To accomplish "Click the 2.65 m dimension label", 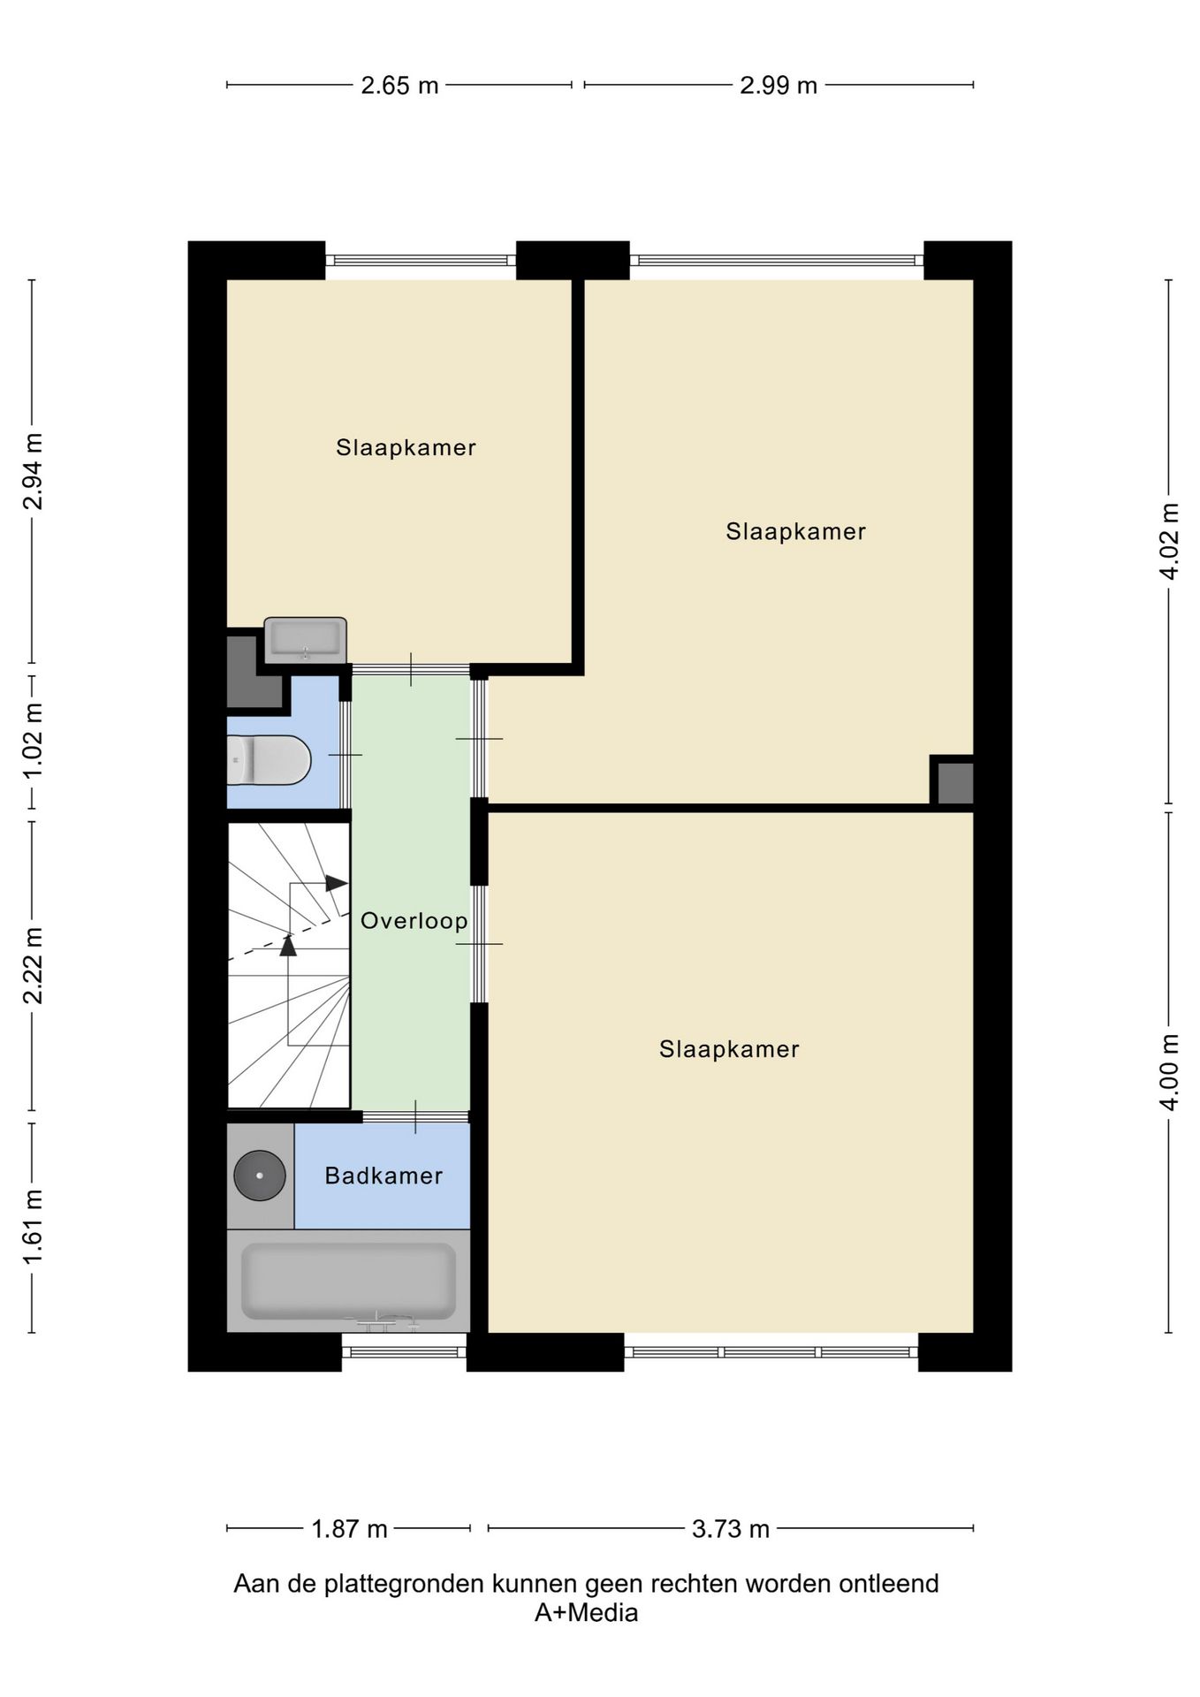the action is click(399, 86).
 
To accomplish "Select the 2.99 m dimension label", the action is click(778, 86).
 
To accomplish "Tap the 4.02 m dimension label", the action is click(1169, 541).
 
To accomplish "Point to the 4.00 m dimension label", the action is click(1169, 1072).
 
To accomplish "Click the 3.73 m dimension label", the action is click(731, 1530).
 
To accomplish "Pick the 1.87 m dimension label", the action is click(349, 1530).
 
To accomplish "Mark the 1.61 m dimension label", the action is click(33, 1226).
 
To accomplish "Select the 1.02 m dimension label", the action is click(33, 742).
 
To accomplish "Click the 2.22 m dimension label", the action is click(33, 966).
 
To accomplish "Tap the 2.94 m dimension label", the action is click(33, 471).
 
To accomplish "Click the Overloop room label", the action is click(414, 921).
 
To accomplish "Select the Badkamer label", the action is click(384, 1176).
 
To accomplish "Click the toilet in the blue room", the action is click(269, 760).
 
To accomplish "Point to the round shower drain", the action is click(260, 1176).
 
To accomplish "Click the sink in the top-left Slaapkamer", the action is click(305, 640).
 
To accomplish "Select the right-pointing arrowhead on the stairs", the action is click(337, 883).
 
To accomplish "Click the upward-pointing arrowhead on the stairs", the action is click(288, 945).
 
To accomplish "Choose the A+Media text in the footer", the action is click(586, 1613).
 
